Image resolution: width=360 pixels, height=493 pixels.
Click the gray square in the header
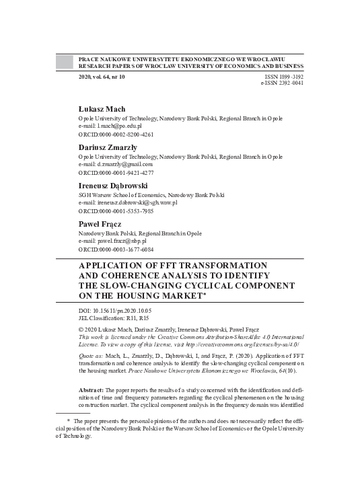tap(63, 63)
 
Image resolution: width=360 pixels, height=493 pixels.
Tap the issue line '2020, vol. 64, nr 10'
tap(102, 77)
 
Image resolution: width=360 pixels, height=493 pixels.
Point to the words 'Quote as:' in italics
tap(93, 356)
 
